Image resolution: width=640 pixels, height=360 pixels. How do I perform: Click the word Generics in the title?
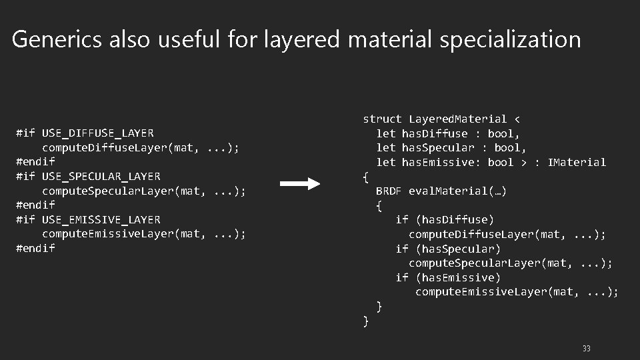57,40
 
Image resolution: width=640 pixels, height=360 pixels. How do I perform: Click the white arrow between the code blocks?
300,184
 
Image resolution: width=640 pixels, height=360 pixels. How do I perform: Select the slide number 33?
586,349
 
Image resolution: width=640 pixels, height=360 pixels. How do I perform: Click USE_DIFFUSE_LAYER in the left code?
97,133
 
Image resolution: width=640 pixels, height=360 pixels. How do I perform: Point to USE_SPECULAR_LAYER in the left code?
101,177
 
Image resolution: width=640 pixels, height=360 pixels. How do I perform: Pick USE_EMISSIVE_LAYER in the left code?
101,219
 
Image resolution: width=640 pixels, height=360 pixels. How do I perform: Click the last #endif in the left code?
35,248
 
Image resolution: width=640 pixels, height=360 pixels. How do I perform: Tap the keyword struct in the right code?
382,119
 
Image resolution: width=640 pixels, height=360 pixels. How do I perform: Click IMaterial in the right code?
577,162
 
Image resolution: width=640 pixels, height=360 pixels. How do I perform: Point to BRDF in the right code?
389,191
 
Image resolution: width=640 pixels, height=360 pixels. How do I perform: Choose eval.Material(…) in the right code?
457,191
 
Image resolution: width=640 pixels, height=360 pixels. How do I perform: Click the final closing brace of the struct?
365,321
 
